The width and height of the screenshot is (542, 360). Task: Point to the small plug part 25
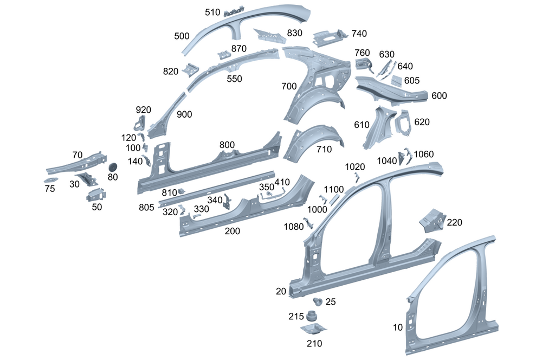(318, 301)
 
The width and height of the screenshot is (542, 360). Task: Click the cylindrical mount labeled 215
(312, 316)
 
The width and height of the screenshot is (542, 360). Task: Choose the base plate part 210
(314, 329)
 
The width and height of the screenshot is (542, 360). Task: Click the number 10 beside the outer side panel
(398, 327)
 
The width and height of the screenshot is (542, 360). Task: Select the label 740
(359, 33)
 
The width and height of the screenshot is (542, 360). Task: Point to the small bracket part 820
(191, 70)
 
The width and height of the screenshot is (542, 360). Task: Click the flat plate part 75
(51, 179)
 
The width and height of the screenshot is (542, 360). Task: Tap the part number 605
(411, 80)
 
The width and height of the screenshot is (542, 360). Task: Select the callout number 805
(146, 207)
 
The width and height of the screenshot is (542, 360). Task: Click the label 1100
(334, 189)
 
